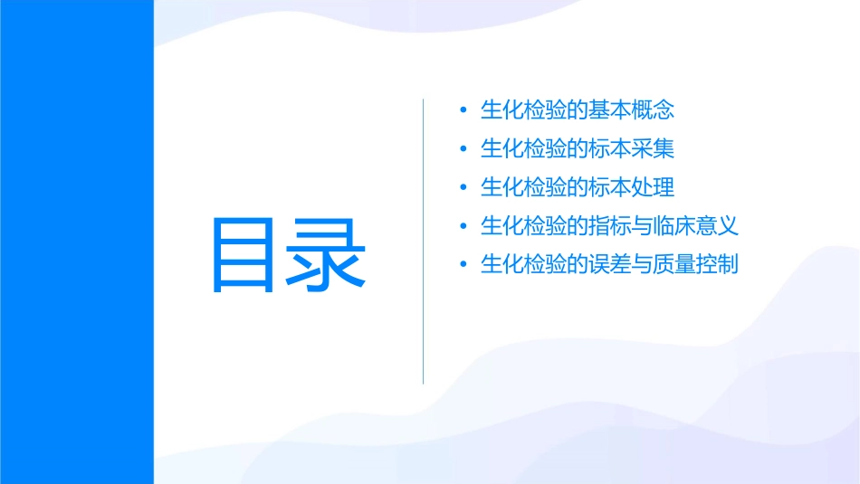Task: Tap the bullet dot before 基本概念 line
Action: coord(463,111)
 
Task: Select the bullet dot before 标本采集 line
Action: coord(463,149)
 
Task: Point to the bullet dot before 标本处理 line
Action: coord(463,188)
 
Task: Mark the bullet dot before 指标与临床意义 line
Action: coord(463,226)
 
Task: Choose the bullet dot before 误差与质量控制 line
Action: coord(463,265)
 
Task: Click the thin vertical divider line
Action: coord(424,242)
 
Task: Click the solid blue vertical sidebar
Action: coord(77,242)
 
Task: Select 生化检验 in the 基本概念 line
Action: coord(523,111)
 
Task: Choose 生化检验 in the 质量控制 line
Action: coord(523,265)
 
